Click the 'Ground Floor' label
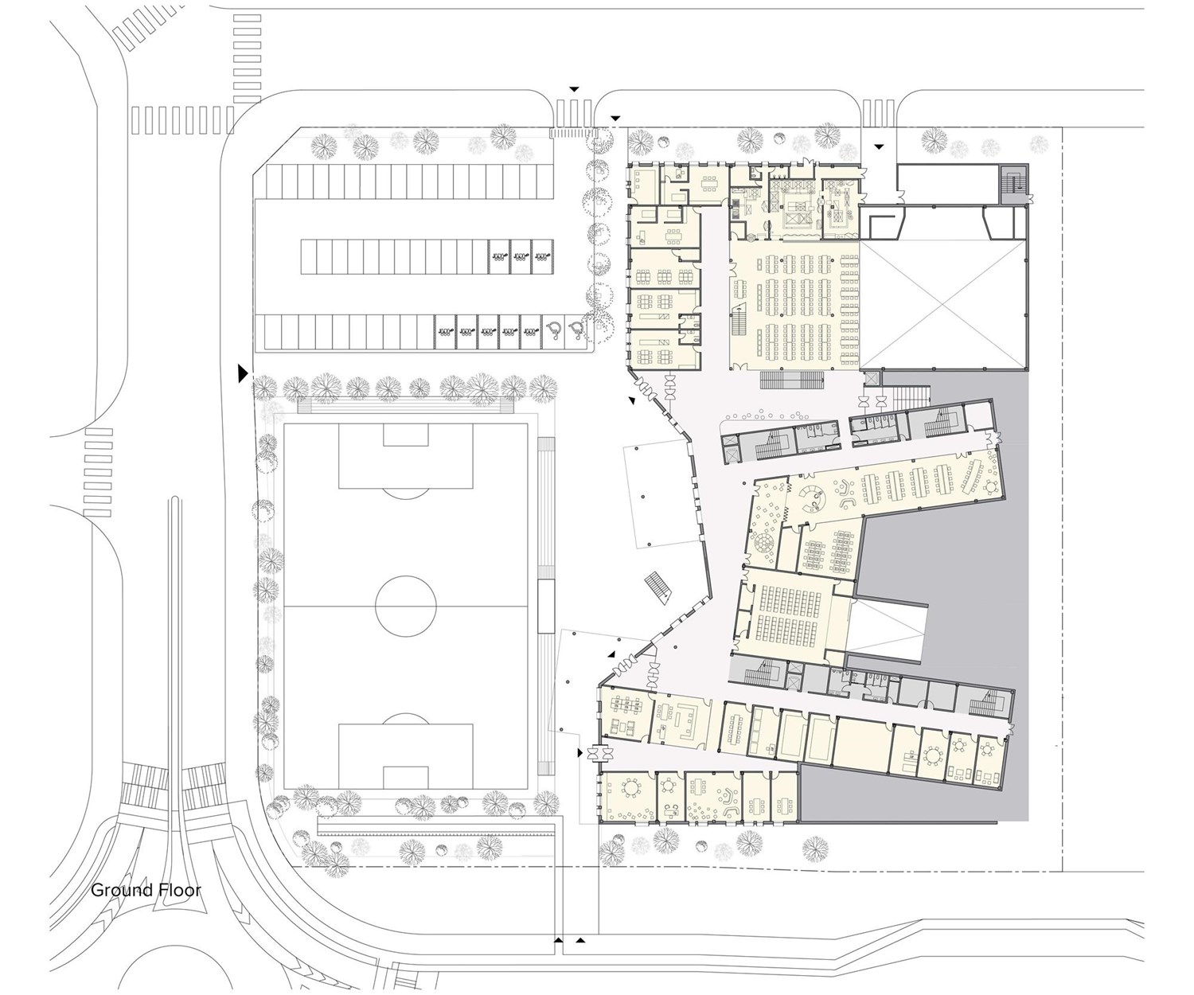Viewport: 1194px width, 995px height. [146, 891]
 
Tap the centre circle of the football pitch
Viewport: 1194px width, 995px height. [406, 607]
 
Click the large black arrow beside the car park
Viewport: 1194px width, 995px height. [243, 375]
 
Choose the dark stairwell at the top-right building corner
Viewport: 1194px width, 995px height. [1014, 184]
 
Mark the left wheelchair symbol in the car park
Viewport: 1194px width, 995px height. [554, 330]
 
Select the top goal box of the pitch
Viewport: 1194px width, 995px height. [406, 435]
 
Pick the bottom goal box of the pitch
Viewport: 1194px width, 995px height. [406, 777]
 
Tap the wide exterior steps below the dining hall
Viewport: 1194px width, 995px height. [792, 380]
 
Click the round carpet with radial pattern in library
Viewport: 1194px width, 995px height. [763, 543]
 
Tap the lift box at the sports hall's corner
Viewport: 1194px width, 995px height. [870, 379]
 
